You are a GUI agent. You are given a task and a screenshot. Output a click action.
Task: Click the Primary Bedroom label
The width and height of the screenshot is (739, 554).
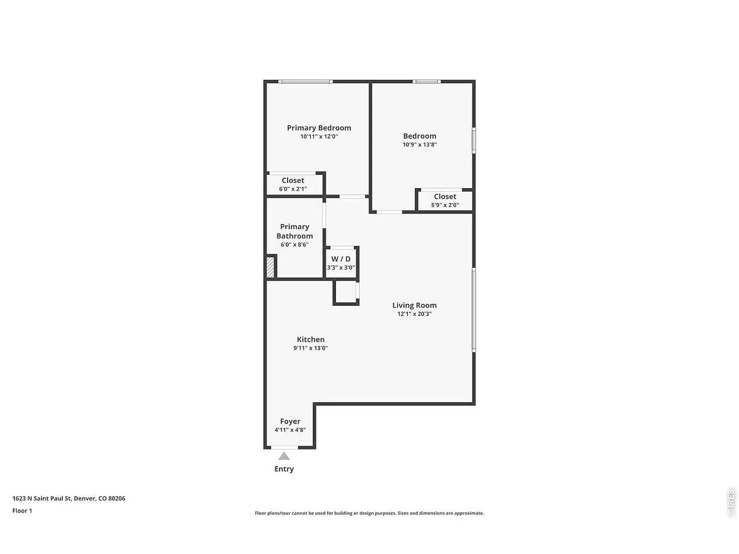tap(319, 128)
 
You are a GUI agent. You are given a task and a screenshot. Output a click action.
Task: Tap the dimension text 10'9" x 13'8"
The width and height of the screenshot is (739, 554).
tap(419, 145)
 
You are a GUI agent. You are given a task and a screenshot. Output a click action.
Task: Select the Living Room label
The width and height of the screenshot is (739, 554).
tap(414, 305)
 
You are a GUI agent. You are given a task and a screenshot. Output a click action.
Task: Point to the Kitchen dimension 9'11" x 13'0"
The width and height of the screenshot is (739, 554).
tap(310, 348)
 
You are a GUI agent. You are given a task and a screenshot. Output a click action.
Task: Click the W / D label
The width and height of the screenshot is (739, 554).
tap(341, 259)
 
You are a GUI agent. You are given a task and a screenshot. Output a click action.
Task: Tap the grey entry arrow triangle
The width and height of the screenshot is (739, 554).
tap(284, 456)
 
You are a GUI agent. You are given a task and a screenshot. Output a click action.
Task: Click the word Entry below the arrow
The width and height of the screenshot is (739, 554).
tap(284, 469)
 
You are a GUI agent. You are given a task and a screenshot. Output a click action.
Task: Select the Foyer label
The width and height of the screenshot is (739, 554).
tap(290, 421)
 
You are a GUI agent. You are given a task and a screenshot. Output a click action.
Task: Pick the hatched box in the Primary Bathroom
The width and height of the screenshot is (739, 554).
tap(270, 267)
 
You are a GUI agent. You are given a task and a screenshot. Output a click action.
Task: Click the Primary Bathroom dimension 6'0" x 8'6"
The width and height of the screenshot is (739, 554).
tap(294, 245)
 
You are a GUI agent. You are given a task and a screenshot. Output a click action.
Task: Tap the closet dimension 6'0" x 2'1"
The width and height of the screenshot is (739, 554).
tap(293, 189)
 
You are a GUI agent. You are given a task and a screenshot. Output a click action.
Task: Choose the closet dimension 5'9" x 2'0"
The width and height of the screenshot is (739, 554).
tap(445, 205)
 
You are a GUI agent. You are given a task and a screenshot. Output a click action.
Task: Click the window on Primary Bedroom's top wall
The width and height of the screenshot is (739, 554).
tap(305, 81)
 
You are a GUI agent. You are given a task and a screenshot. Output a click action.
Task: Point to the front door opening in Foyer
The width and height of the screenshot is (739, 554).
tap(285, 447)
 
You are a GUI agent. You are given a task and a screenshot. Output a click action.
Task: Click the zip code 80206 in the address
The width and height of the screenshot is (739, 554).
tap(117, 498)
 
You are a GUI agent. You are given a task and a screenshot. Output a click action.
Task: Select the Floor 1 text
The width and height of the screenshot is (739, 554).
tap(22, 511)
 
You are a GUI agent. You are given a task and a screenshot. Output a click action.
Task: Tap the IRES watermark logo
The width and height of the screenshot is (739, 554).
tap(730, 502)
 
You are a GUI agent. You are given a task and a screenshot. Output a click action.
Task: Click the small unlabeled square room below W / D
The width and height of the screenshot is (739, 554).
tap(345, 293)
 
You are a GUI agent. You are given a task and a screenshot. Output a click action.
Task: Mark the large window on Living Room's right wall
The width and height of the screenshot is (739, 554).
tap(473, 310)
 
